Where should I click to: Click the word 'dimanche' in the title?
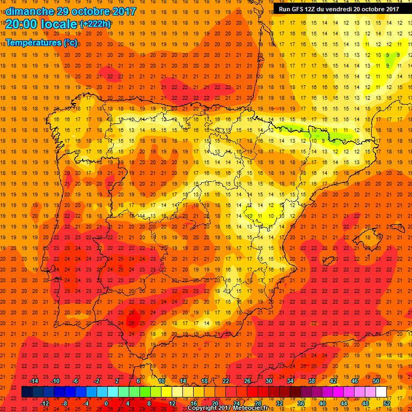30,11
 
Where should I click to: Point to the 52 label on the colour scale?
386,403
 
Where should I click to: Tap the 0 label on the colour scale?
106,403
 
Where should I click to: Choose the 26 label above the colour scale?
247,381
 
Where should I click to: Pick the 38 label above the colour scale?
312,381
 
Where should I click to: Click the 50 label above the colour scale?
376,381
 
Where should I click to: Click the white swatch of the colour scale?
381,392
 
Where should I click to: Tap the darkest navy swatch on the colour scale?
27,392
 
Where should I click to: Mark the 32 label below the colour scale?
279,403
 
